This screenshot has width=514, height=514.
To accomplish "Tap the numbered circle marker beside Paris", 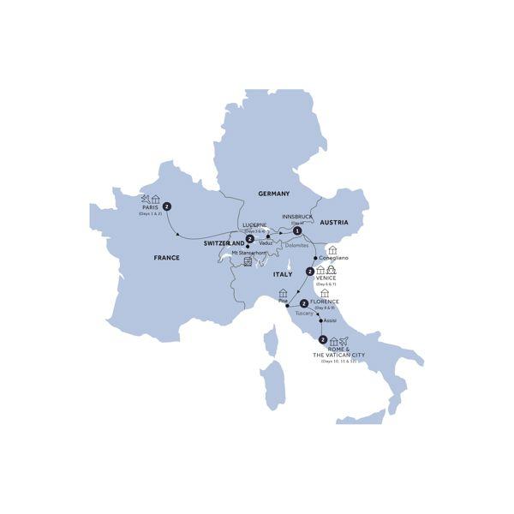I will (x=168, y=206).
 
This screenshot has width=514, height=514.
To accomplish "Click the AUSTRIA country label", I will (x=333, y=222).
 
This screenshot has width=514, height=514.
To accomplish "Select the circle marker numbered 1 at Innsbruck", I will (x=296, y=230).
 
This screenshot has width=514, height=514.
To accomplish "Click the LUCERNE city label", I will (x=255, y=224).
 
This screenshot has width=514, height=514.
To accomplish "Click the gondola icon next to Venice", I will (x=331, y=271).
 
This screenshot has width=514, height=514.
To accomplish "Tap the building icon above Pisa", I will (x=284, y=293).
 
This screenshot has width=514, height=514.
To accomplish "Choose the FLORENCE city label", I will (x=328, y=302).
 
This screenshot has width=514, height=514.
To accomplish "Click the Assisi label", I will (x=331, y=320).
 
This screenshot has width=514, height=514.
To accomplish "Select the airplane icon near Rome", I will (x=344, y=342).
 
